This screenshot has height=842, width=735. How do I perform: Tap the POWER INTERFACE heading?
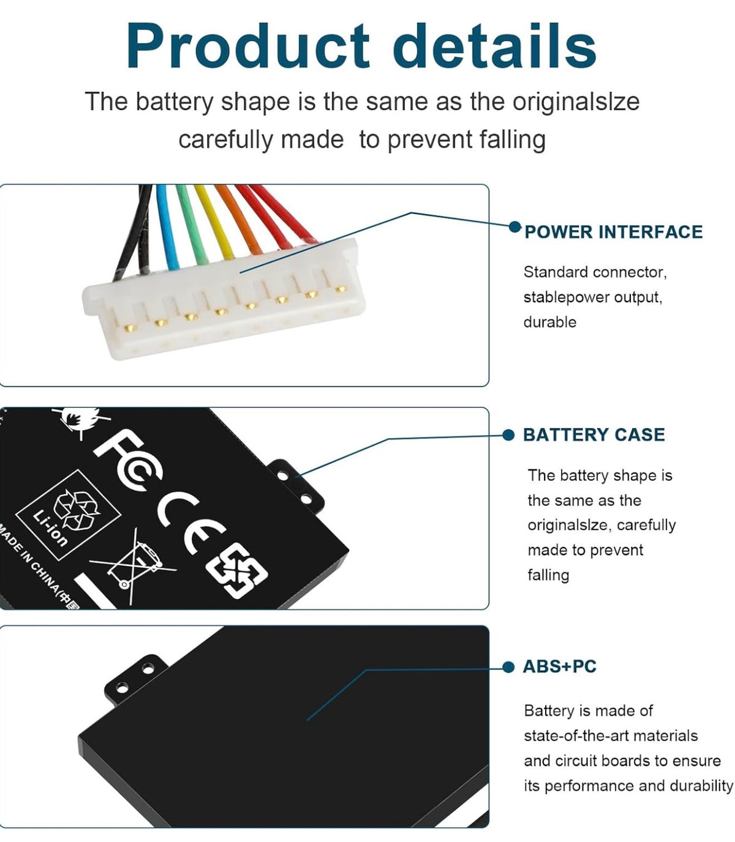click(613, 232)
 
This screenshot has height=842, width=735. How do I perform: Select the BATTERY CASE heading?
click(594, 435)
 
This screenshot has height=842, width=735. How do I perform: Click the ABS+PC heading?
click(559, 667)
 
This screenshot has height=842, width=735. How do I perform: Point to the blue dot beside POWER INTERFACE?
click(514, 227)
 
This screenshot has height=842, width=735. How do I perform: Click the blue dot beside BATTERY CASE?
click(509, 435)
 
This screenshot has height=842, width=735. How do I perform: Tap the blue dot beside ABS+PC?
click(509, 667)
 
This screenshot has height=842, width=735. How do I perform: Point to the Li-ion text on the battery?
click(50, 529)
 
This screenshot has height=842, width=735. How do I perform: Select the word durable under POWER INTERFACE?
click(549, 322)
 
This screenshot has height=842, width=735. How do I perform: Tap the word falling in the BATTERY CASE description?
click(548, 575)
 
